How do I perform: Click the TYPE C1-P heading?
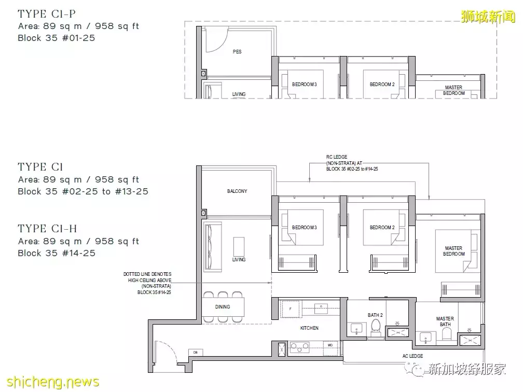(47, 14)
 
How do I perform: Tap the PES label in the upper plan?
(237, 52)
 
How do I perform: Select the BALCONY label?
(237, 191)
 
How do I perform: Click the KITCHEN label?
(309, 328)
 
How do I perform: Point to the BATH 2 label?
(375, 315)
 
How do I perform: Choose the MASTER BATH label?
(445, 321)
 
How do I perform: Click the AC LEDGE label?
(412, 356)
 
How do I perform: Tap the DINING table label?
(223, 306)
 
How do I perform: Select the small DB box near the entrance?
(196, 353)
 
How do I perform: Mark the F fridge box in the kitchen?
(291, 309)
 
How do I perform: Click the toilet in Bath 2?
(376, 327)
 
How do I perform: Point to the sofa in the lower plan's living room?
(212, 247)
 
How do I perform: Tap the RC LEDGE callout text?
(352, 163)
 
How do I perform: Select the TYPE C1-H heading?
(47, 229)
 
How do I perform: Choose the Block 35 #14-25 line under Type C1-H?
(57, 253)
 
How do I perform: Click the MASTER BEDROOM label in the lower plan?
(453, 251)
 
